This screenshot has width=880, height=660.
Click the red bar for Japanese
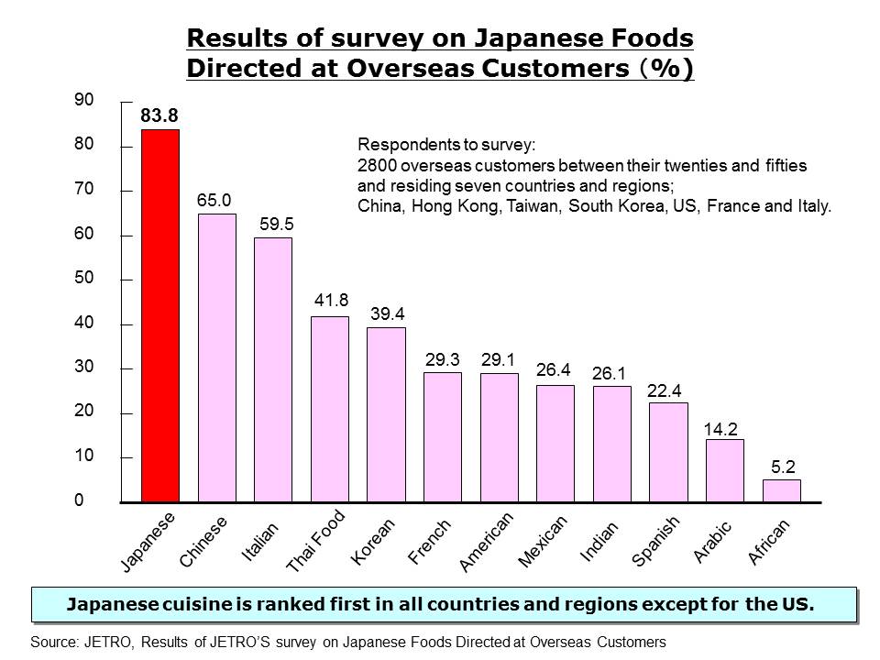[159, 316]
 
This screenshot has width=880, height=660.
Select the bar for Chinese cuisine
[216, 358]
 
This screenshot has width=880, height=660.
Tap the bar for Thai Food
[330, 410]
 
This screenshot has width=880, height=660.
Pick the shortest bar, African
[781, 491]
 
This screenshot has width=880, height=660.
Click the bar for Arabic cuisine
[724, 471]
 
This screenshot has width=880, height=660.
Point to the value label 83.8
[159, 115]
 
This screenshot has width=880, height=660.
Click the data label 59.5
[272, 224]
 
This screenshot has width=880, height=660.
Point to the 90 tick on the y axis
[84, 100]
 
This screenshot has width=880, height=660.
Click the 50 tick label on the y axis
[84, 279]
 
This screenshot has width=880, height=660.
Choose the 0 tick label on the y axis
[79, 501]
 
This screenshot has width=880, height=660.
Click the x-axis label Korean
[373, 541]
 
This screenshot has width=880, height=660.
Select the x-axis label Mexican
[543, 541]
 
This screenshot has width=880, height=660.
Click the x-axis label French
[429, 539]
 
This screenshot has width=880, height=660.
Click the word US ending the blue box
[796, 604]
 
